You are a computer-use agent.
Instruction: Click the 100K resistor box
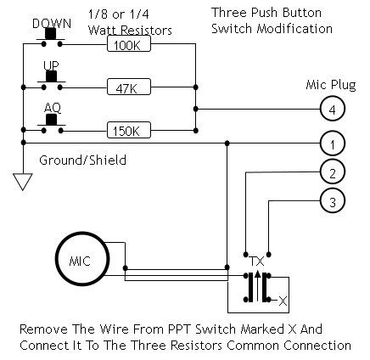[129, 44]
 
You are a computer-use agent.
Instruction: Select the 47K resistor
[129, 87]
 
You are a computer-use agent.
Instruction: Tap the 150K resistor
[129, 130]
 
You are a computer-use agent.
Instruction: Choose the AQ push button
[51, 122]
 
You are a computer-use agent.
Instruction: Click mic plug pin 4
[333, 110]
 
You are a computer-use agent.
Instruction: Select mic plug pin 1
[333, 143]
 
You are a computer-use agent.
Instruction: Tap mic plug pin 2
[333, 172]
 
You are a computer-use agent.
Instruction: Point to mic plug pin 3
[333, 201]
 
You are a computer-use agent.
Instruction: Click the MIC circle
[82, 259]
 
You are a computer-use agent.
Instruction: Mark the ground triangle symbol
[23, 182]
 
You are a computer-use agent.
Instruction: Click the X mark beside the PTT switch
[283, 301]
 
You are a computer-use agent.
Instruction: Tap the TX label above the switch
[256, 262]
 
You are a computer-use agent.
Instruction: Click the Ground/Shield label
[82, 160]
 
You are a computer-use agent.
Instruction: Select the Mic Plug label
[331, 86]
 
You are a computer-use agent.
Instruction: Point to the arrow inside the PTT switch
[257, 285]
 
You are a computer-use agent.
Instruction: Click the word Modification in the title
[294, 29]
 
